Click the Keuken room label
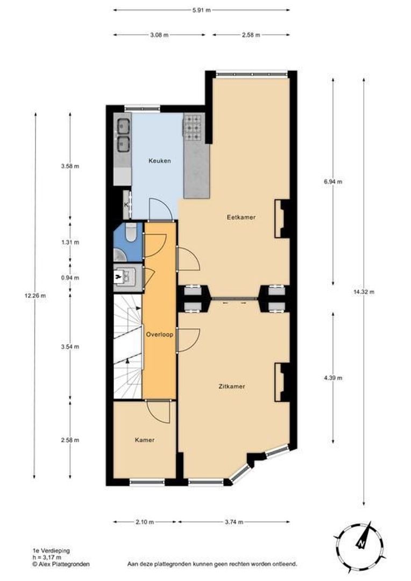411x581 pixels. point(160,161)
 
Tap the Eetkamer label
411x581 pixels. point(240,217)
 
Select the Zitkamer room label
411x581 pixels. point(232,386)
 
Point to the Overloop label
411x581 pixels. point(159,334)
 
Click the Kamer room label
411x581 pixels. point(144,440)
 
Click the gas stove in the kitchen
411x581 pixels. point(192,128)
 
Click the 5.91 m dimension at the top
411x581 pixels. point(201,9)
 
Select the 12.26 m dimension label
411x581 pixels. point(36,295)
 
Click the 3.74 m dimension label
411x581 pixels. point(233,522)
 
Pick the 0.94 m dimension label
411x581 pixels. point(70,278)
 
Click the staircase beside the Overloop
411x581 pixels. point(127,347)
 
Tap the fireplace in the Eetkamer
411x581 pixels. point(281,218)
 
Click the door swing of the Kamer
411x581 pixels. point(159,411)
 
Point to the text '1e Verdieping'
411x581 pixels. point(51,551)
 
